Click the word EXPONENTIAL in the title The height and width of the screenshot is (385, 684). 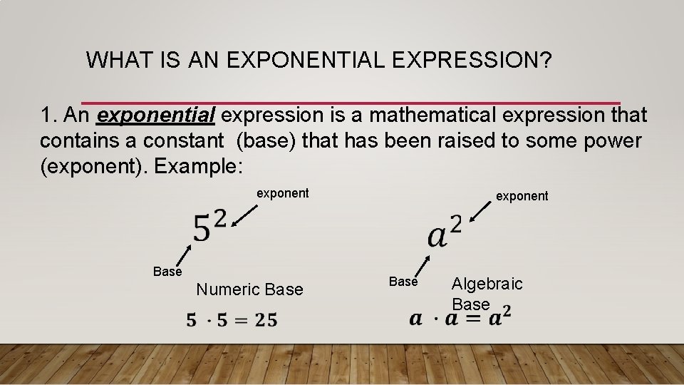[x=306, y=60]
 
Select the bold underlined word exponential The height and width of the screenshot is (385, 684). [x=156, y=115]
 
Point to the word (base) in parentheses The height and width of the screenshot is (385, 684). [x=266, y=141]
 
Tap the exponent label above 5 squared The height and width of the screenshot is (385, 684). [x=282, y=193]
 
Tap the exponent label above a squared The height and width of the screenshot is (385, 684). [x=522, y=196]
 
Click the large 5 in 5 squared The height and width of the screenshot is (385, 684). [x=202, y=228]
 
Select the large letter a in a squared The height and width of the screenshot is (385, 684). [x=437, y=236]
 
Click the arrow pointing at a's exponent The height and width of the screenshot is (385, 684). [x=481, y=211]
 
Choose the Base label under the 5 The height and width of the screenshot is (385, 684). [x=167, y=272]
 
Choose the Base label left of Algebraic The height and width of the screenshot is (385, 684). [x=403, y=282]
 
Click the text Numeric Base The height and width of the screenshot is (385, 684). [x=249, y=289]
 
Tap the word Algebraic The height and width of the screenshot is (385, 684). [x=487, y=284]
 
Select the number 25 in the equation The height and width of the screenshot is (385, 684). [x=266, y=320]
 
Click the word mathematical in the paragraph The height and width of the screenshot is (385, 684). [x=395, y=115]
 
